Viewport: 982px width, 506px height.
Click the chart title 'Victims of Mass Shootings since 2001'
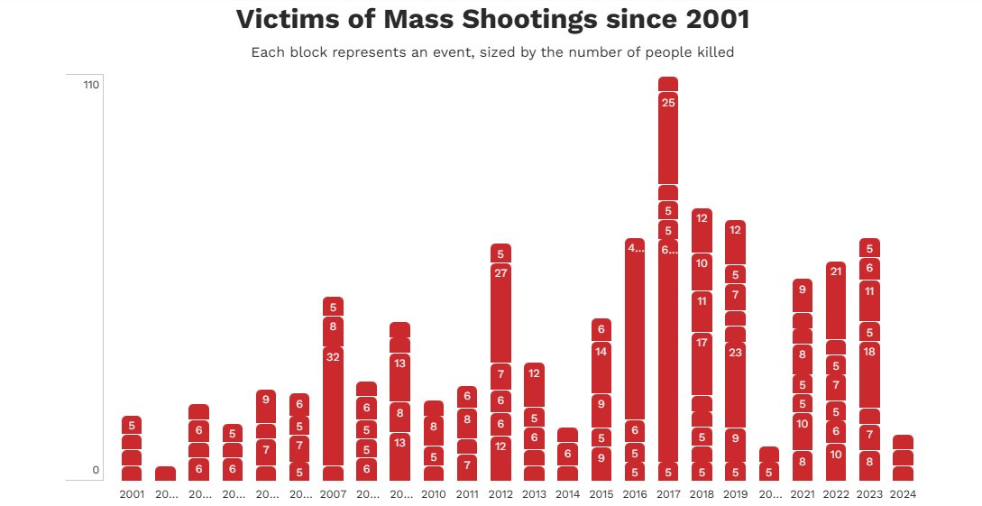pyautogui.click(x=492, y=18)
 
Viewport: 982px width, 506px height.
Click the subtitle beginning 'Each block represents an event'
pyautogui.click(x=492, y=52)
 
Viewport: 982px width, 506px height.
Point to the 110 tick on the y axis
pyautogui.click(x=90, y=85)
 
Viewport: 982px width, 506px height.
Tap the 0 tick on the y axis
pyautogui.click(x=95, y=470)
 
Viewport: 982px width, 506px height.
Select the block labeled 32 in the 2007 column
pyautogui.click(x=333, y=405)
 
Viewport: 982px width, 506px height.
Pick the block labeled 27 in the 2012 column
pyautogui.click(x=500, y=312)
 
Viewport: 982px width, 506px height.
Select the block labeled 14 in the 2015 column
pyautogui.click(x=601, y=367)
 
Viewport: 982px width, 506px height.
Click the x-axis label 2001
pyautogui.click(x=132, y=494)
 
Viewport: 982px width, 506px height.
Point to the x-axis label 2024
pyautogui.click(x=903, y=494)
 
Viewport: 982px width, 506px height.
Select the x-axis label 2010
pyautogui.click(x=434, y=494)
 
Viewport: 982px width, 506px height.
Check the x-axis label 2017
pyautogui.click(x=668, y=494)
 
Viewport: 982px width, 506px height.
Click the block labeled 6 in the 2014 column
pyautogui.click(x=567, y=454)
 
